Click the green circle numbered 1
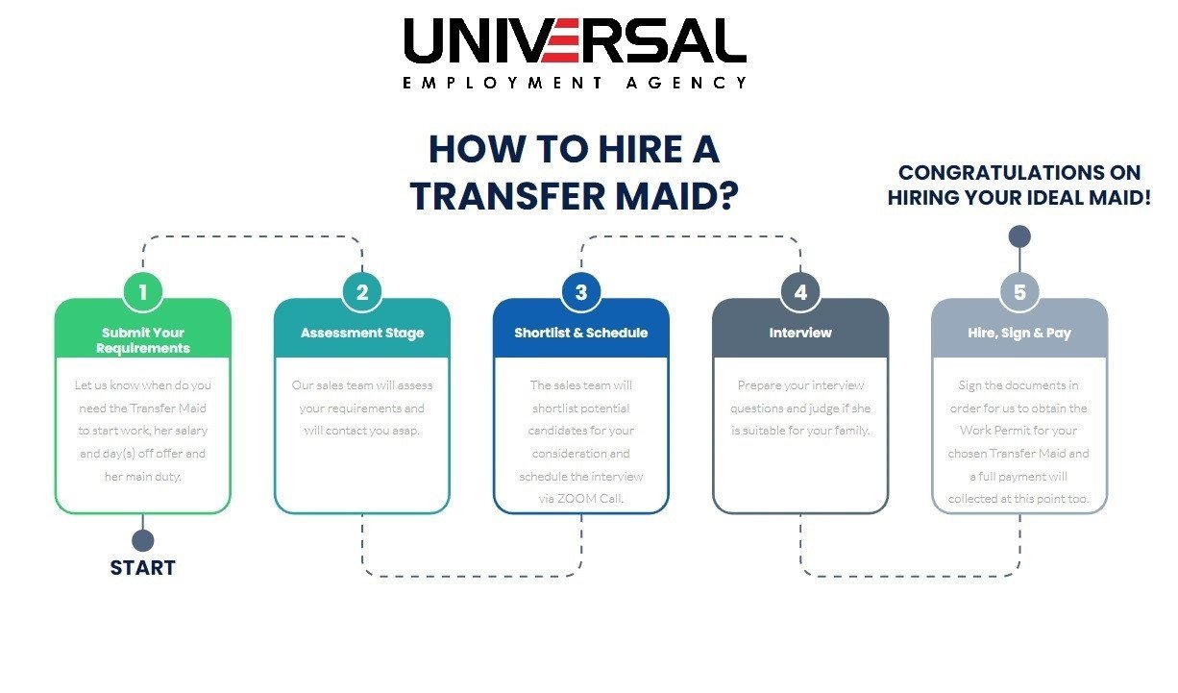(143, 292)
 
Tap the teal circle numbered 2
(362, 292)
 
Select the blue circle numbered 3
(581, 292)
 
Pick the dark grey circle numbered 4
(800, 292)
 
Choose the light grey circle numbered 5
(1019, 292)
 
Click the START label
(143, 568)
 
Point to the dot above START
(143, 540)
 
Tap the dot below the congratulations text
(1019, 236)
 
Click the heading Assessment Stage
(362, 334)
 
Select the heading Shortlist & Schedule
(581, 333)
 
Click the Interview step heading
(800, 333)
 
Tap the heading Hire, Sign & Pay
(1019, 334)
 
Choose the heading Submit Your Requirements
(143, 340)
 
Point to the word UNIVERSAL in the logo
(576, 40)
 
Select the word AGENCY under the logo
(686, 83)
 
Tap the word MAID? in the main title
(677, 196)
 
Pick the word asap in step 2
(405, 431)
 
